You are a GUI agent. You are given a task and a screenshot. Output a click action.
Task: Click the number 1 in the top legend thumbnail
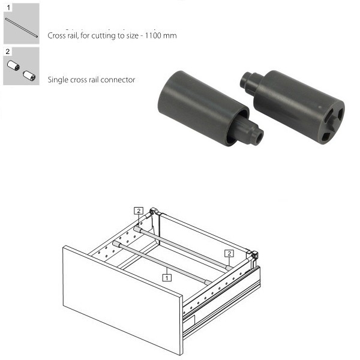8,8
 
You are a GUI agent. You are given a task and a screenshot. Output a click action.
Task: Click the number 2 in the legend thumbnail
8,52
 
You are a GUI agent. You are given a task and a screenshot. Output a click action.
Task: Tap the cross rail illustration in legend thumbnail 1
22,28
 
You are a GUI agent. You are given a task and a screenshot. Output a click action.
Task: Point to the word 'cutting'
103,36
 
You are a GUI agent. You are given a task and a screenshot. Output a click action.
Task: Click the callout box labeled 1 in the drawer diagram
167,278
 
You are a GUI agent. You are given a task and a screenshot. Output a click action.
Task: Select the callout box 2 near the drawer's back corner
139,211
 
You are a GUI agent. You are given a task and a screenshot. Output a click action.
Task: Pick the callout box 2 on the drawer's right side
229,253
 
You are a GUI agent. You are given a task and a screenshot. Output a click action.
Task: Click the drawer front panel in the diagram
123,300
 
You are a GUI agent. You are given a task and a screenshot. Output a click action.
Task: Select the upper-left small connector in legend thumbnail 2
13,65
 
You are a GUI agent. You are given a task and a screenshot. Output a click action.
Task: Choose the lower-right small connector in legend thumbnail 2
29,76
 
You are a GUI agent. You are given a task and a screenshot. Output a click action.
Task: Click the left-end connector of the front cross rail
116,244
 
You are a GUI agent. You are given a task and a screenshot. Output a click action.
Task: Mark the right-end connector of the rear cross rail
229,268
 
